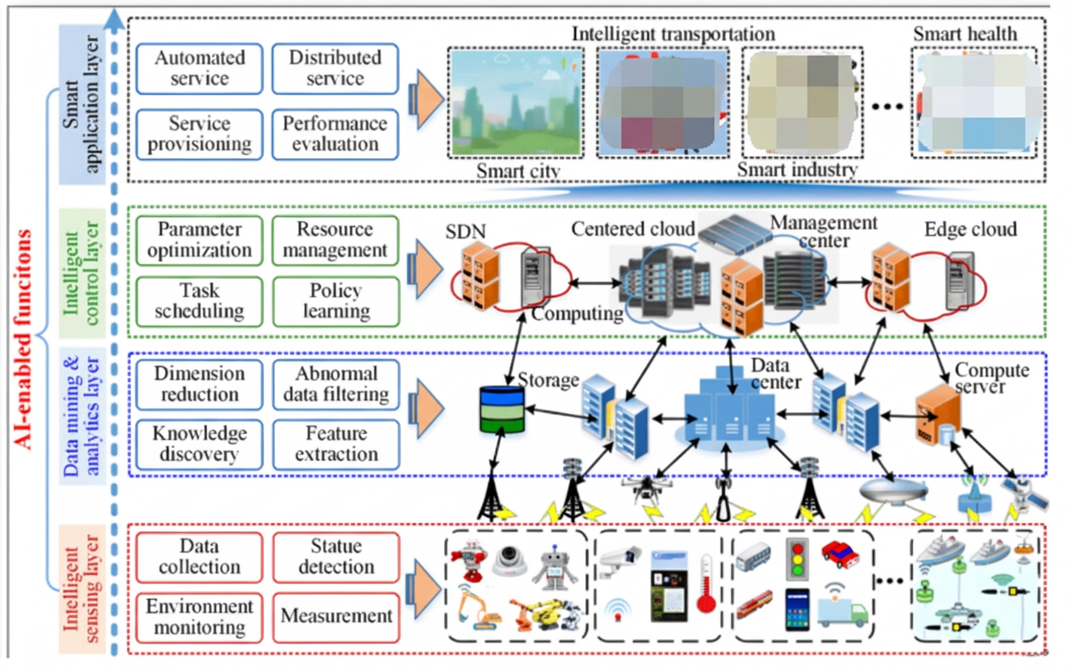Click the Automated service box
pyautogui.click(x=199, y=68)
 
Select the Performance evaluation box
pyautogui.click(x=334, y=133)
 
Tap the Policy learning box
pyautogui.click(x=334, y=301)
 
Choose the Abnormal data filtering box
pyautogui.click(x=335, y=384)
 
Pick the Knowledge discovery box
pyautogui.click(x=199, y=444)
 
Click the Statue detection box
pyautogui.click(x=335, y=556)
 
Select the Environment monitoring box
pyautogui.click(x=199, y=616)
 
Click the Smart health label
pyautogui.click(x=965, y=34)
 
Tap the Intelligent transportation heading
pyautogui.click(x=673, y=34)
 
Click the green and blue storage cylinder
pyautogui.click(x=502, y=410)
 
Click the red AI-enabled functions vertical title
pyautogui.click(x=26, y=339)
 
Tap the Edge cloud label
pyautogui.click(x=970, y=229)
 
